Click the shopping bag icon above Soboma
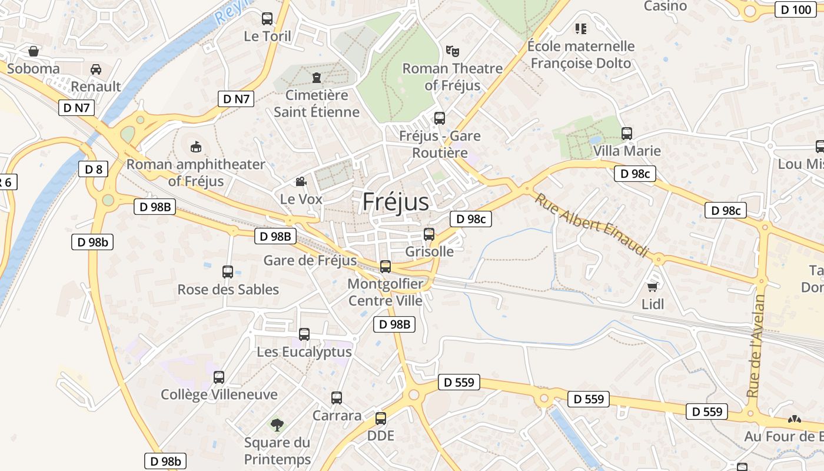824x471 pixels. (x=34, y=51)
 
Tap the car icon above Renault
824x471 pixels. (x=96, y=69)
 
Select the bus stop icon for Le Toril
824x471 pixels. (x=267, y=19)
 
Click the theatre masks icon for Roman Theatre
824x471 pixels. (x=452, y=51)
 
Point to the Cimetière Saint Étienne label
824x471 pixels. (x=317, y=103)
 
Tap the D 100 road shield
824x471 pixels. (x=795, y=9)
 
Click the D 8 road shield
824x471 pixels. (x=94, y=170)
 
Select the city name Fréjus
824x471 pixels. (x=396, y=201)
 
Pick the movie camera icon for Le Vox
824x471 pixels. (x=301, y=181)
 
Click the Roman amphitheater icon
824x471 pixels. (x=196, y=147)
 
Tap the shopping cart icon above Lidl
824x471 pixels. (x=652, y=287)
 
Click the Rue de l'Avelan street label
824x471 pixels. (x=756, y=346)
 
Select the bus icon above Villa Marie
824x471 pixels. (x=627, y=134)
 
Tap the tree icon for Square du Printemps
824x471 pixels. (x=277, y=424)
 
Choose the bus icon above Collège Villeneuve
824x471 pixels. (x=219, y=377)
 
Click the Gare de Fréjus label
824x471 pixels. (x=310, y=260)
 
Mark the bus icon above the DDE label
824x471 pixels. (x=381, y=419)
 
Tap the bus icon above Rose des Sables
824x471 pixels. (x=228, y=272)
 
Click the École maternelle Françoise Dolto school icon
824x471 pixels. (x=581, y=28)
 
